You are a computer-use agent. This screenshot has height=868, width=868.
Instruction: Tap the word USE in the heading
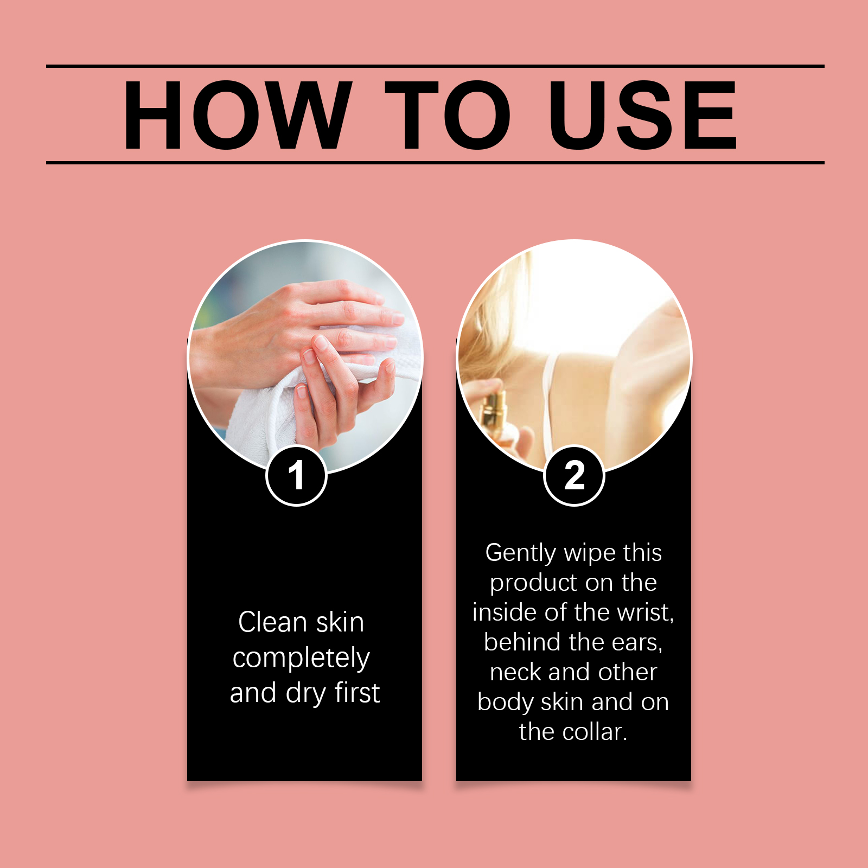point(643,114)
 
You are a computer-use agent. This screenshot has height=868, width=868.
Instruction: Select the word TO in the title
point(448,114)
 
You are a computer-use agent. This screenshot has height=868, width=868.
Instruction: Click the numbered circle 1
point(296,476)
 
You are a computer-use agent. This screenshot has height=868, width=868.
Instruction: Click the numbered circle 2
point(574,476)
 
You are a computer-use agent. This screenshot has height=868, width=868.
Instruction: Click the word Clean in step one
point(272,622)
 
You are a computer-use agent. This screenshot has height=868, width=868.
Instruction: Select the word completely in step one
point(301,659)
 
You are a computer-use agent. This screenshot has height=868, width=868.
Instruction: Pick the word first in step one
point(357,693)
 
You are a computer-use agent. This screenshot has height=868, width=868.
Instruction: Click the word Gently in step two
point(521,553)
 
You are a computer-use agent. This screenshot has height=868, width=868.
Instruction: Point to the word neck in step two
point(516,672)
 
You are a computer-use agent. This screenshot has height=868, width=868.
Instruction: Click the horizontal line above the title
point(435,66)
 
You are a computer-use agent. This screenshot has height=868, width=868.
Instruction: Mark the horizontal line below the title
point(435,162)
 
